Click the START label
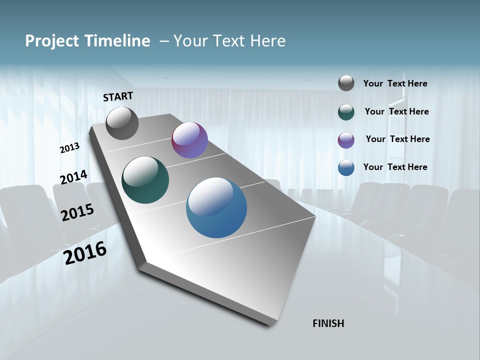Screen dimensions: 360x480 click(118, 96)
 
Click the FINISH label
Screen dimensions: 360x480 click(328, 323)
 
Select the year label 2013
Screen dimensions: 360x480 click(70, 148)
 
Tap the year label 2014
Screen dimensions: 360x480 click(73, 177)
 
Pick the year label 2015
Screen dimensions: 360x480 click(77, 212)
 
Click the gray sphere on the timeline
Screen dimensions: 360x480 click(122, 123)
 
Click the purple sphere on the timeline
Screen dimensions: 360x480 click(189, 140)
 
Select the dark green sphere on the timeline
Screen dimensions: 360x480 click(145, 180)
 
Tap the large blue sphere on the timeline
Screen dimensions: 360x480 click(216, 207)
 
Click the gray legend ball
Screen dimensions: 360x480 click(346, 83)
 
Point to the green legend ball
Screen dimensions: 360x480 click(346, 112)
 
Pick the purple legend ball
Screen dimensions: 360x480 click(346, 140)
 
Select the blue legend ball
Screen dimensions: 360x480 click(346, 167)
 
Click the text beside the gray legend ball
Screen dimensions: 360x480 click(395, 83)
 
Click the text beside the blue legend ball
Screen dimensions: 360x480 click(395, 167)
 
